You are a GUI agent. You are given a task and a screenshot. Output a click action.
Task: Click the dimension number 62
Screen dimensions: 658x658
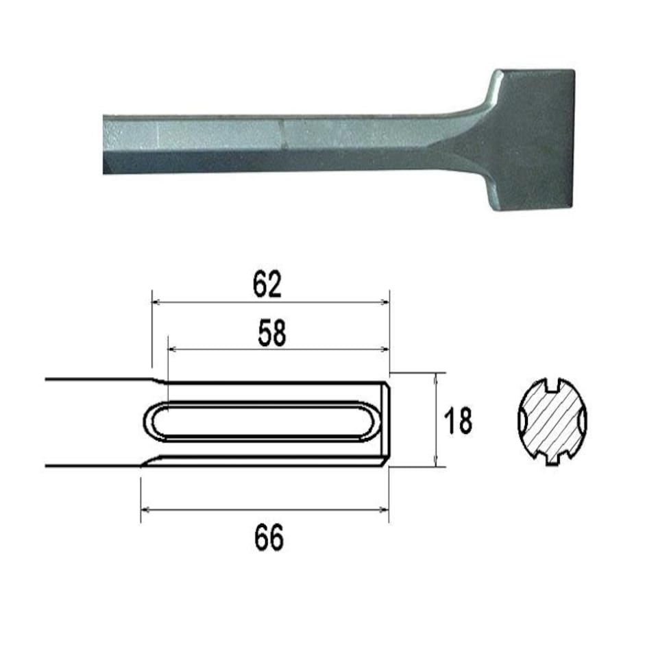tap(267, 284)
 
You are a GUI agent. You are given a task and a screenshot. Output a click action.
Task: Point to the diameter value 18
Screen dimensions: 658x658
tap(457, 421)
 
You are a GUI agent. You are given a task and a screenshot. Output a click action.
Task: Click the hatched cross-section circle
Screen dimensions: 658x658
tap(552, 421)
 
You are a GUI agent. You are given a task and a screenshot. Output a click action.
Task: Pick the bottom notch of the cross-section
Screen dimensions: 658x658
tap(552, 461)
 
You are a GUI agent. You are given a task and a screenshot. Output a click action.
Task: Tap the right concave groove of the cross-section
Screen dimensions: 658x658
tap(584, 421)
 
